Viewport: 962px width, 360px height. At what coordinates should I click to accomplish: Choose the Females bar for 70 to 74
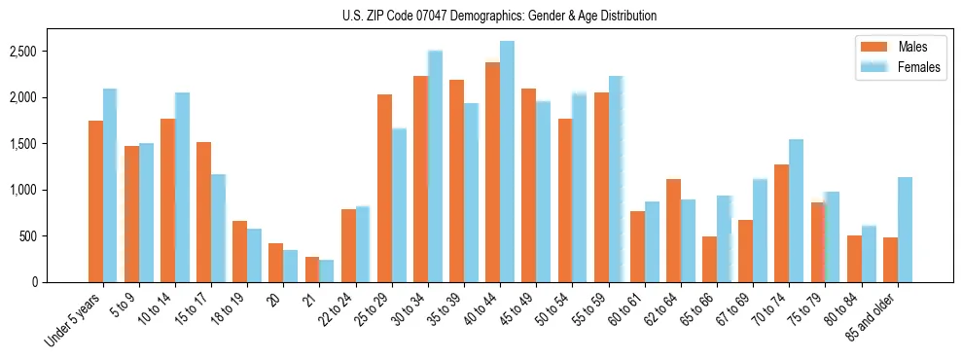coord(797,210)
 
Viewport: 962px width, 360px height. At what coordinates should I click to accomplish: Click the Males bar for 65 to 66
coord(709,259)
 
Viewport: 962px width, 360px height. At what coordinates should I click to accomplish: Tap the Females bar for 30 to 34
coord(435,166)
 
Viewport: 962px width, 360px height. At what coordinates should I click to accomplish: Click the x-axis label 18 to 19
coord(228,309)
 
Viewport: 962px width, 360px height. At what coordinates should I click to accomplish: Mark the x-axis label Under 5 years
coord(75,320)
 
